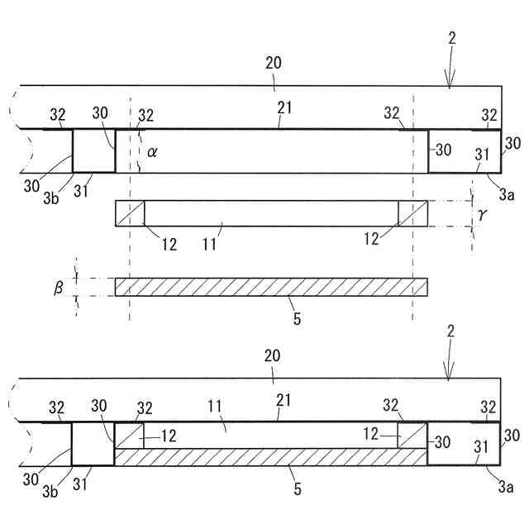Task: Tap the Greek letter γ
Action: click(484, 213)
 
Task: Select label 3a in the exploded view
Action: click(507, 196)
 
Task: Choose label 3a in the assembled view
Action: click(507, 489)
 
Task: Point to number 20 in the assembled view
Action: click(274, 355)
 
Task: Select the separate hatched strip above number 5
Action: click(271, 287)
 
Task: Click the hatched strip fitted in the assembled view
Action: click(271, 458)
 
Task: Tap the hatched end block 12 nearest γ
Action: click(412, 213)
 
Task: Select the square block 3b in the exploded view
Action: click(93, 150)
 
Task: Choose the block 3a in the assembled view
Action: click(464, 444)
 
